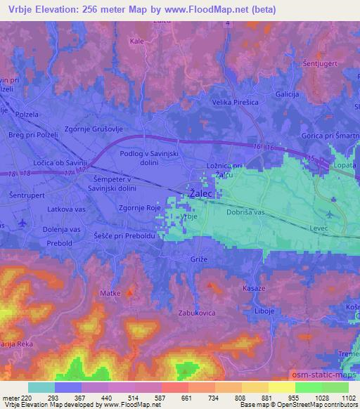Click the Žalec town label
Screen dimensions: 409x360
click(201, 191)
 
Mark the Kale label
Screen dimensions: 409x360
click(138, 41)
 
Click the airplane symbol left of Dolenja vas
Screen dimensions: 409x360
click(23, 223)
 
